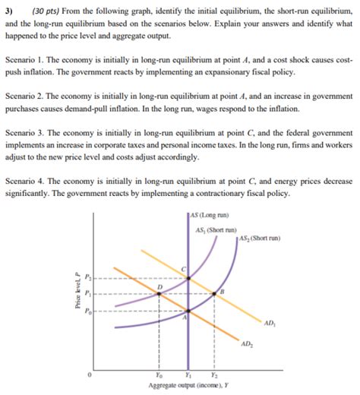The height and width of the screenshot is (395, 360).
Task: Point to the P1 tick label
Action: click(86, 294)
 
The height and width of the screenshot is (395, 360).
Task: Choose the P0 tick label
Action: click(86, 311)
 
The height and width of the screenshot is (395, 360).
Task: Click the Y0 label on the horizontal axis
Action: click(158, 374)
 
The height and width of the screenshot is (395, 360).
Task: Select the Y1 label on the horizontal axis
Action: click(188, 374)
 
